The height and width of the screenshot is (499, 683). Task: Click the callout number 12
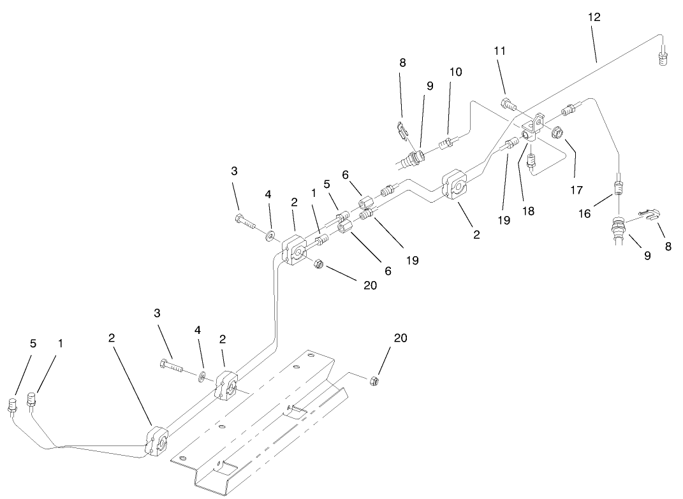click(x=594, y=17)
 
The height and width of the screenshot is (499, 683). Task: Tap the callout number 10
click(x=455, y=72)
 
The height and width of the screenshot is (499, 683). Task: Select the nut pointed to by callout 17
click(x=557, y=133)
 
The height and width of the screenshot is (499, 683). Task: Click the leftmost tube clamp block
click(x=156, y=442)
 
